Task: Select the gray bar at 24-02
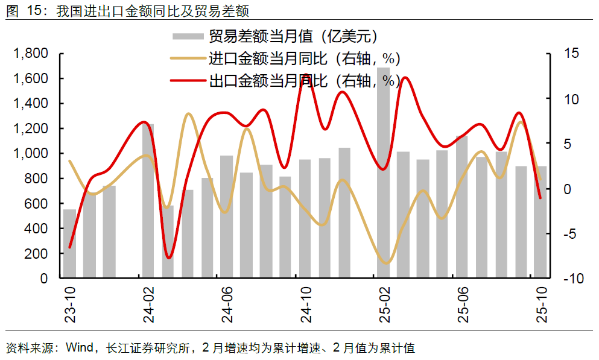(148, 202)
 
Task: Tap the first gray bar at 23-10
(70, 244)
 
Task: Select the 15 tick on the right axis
(571, 54)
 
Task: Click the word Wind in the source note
(78, 348)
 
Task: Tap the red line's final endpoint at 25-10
(540, 197)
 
